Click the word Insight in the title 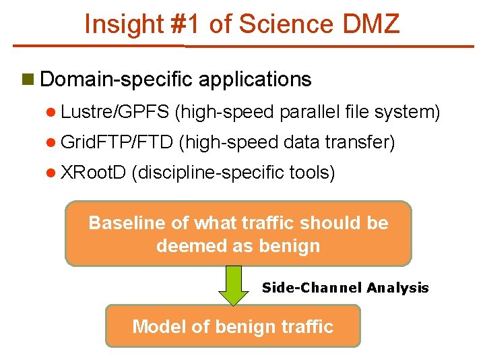point(122,24)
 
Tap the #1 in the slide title point(184,24)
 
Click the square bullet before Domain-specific point(28,80)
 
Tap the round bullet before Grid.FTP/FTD point(51,143)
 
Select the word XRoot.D point(93,173)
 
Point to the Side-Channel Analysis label point(345,289)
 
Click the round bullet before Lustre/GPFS point(51,112)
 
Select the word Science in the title point(284,24)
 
